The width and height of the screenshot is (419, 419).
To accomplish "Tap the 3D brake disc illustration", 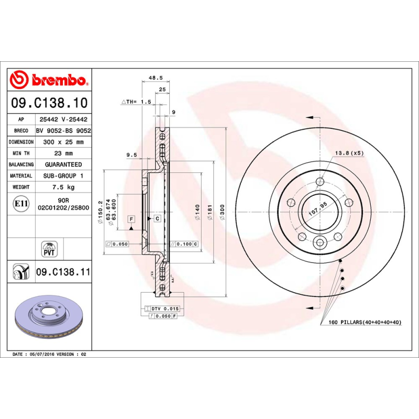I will tap(50, 319).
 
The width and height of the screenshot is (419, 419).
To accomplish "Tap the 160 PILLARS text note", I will tap(365, 322).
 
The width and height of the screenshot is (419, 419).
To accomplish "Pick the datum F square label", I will tap(131, 218).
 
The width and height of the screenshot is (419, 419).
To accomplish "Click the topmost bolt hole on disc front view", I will tap(320, 182).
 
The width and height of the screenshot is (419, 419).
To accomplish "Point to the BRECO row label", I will tap(21, 131).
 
